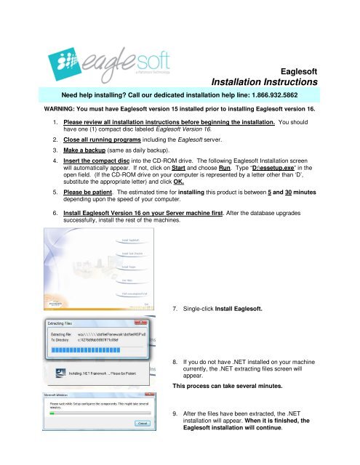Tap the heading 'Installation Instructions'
pyautogui.click(x=268, y=84)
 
